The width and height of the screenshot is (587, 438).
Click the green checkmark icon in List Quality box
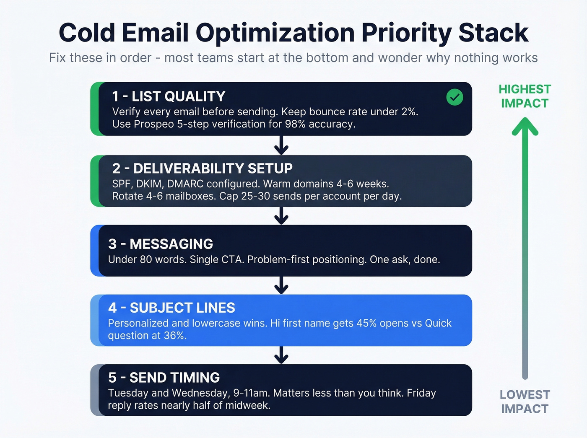pyautogui.click(x=455, y=97)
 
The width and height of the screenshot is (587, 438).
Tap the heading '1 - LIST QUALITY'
pyautogui.click(x=169, y=96)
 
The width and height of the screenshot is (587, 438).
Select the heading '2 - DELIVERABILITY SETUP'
pyautogui.click(x=202, y=168)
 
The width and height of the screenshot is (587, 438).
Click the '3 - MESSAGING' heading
pyautogui.click(x=161, y=244)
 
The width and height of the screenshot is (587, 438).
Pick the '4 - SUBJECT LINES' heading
pyautogui.click(x=171, y=308)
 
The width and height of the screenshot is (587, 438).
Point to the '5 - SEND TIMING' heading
pyautogui.click(x=164, y=378)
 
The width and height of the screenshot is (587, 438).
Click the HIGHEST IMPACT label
pyautogui.click(x=525, y=96)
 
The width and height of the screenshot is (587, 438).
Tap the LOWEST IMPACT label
pyautogui.click(x=525, y=402)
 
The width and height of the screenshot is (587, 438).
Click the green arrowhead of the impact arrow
pyautogui.click(x=525, y=127)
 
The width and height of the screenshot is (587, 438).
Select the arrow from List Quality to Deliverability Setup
pyautogui.click(x=281, y=145)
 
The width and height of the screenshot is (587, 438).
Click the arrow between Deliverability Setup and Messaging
pyautogui.click(x=281, y=215)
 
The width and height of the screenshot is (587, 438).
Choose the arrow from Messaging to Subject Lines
pyautogui.click(x=281, y=285)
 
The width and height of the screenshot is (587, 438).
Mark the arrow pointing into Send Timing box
pyautogui.click(x=281, y=355)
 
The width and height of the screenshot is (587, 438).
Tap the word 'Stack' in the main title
pyautogui.click(x=493, y=33)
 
